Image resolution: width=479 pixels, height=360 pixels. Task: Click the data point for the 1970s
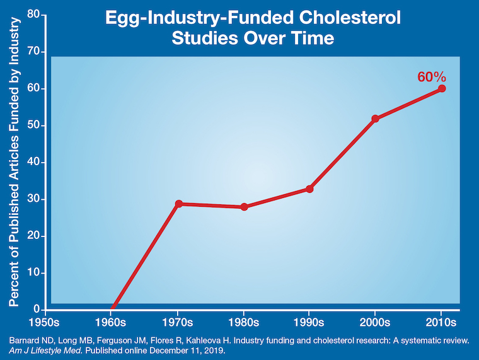[x=178, y=204]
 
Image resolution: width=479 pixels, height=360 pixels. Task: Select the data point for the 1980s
[x=244, y=207]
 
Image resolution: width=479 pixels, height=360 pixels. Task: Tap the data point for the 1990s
[x=309, y=189]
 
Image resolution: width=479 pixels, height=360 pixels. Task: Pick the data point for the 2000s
[x=376, y=119]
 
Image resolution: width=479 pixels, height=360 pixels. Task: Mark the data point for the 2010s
[x=442, y=88]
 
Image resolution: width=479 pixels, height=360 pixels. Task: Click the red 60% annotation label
[x=432, y=77]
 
